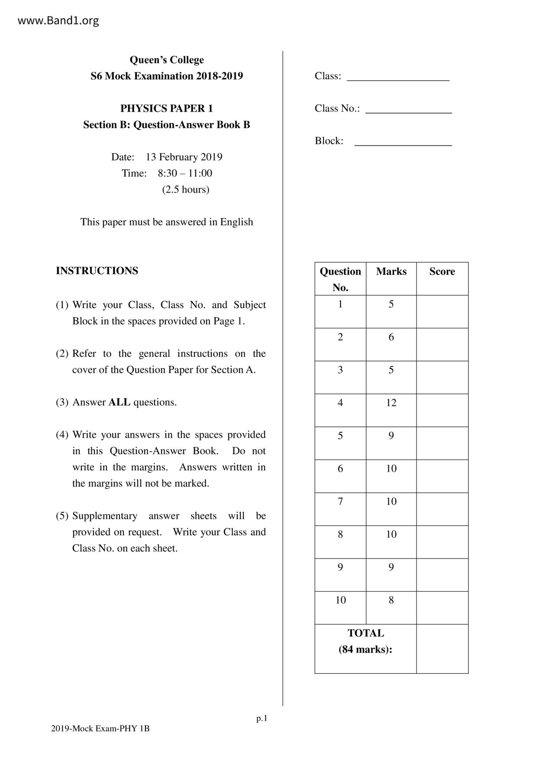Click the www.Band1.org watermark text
click(x=58, y=20)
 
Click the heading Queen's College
click(x=167, y=60)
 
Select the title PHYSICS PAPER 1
click(x=167, y=108)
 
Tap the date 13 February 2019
click(x=184, y=157)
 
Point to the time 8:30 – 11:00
click(x=185, y=173)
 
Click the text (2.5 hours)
click(x=186, y=189)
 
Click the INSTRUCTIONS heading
click(x=97, y=270)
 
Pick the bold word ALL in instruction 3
click(x=119, y=402)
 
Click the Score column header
click(x=442, y=271)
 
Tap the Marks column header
click(x=391, y=271)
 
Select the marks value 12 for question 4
click(x=391, y=403)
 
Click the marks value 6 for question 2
click(x=391, y=337)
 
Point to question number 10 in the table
click(x=340, y=600)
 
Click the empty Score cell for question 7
click(x=442, y=509)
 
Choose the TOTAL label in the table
click(x=366, y=633)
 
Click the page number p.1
click(x=262, y=719)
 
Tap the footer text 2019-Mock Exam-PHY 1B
click(x=100, y=728)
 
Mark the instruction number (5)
click(x=62, y=516)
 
